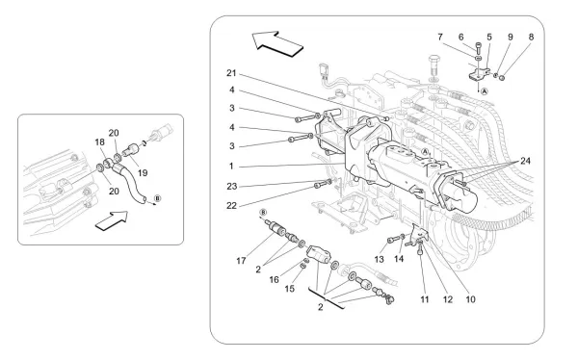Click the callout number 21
click(231, 73)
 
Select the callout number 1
click(231, 167)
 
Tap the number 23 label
click(232, 187)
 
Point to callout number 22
click(231, 206)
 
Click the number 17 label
click(241, 261)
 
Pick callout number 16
click(274, 280)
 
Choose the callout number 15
click(290, 289)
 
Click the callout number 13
click(379, 259)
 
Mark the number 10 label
click(470, 299)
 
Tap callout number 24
click(525, 161)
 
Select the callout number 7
click(440, 37)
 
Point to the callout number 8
click(531, 37)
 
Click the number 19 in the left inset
click(143, 173)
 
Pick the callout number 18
click(99, 142)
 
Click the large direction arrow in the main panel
click(277, 44)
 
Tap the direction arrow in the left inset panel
click(112, 221)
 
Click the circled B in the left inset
click(157, 198)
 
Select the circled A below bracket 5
click(485, 91)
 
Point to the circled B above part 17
click(263, 212)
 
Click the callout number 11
click(425, 299)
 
